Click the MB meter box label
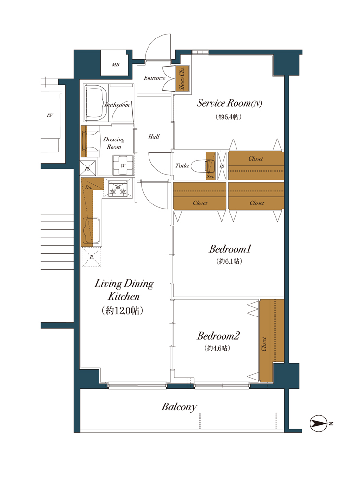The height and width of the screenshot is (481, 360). (116, 65)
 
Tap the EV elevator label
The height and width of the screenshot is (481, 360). (50, 115)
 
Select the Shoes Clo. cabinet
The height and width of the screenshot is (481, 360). (183, 78)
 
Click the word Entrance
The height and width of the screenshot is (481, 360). (155, 78)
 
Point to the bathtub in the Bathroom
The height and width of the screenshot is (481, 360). (96, 103)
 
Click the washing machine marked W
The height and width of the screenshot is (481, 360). (123, 165)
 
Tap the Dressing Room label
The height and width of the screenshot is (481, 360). (114, 143)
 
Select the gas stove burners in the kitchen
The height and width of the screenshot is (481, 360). (118, 189)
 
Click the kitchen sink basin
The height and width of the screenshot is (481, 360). (92, 230)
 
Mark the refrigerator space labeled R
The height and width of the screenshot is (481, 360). (91, 257)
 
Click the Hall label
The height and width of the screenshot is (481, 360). (154, 137)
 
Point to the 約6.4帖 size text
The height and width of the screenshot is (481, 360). (228, 117)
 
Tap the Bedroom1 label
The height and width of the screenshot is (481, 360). (230, 249)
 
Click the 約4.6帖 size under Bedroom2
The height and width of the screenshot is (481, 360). (217, 348)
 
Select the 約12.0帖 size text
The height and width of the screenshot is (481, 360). (123, 310)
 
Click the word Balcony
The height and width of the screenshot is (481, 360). (179, 407)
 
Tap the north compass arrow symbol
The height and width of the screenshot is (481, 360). (319, 424)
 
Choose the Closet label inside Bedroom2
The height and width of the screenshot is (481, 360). (264, 344)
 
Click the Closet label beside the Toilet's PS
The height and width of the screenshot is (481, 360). (256, 159)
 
